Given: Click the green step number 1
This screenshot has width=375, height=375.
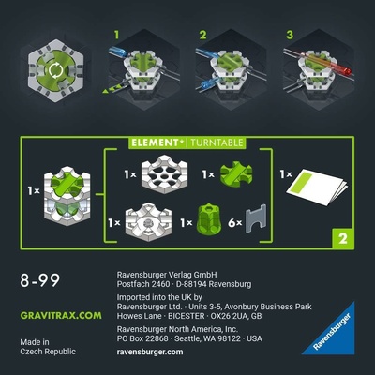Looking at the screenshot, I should (x=117, y=37).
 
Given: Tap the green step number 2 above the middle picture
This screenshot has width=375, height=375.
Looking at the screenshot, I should (x=202, y=37).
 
